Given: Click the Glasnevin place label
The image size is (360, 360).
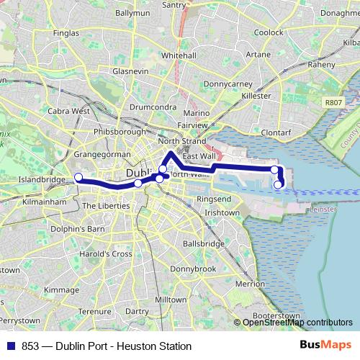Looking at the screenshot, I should point(130,71).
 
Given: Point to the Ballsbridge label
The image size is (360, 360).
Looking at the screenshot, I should point(204,244).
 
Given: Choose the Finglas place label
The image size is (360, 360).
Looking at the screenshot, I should point(66,32).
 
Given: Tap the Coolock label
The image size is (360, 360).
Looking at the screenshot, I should point(268,32).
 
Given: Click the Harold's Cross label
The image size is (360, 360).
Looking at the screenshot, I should point(107,254).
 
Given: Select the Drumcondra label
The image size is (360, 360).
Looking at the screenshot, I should point(150,107).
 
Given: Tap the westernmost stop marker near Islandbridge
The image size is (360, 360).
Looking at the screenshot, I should point(78,178).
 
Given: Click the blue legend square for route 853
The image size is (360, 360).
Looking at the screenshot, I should point(11,346).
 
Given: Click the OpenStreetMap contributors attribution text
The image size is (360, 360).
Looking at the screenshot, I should point(297,323).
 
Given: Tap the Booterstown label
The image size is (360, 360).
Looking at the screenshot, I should point(277,315).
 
